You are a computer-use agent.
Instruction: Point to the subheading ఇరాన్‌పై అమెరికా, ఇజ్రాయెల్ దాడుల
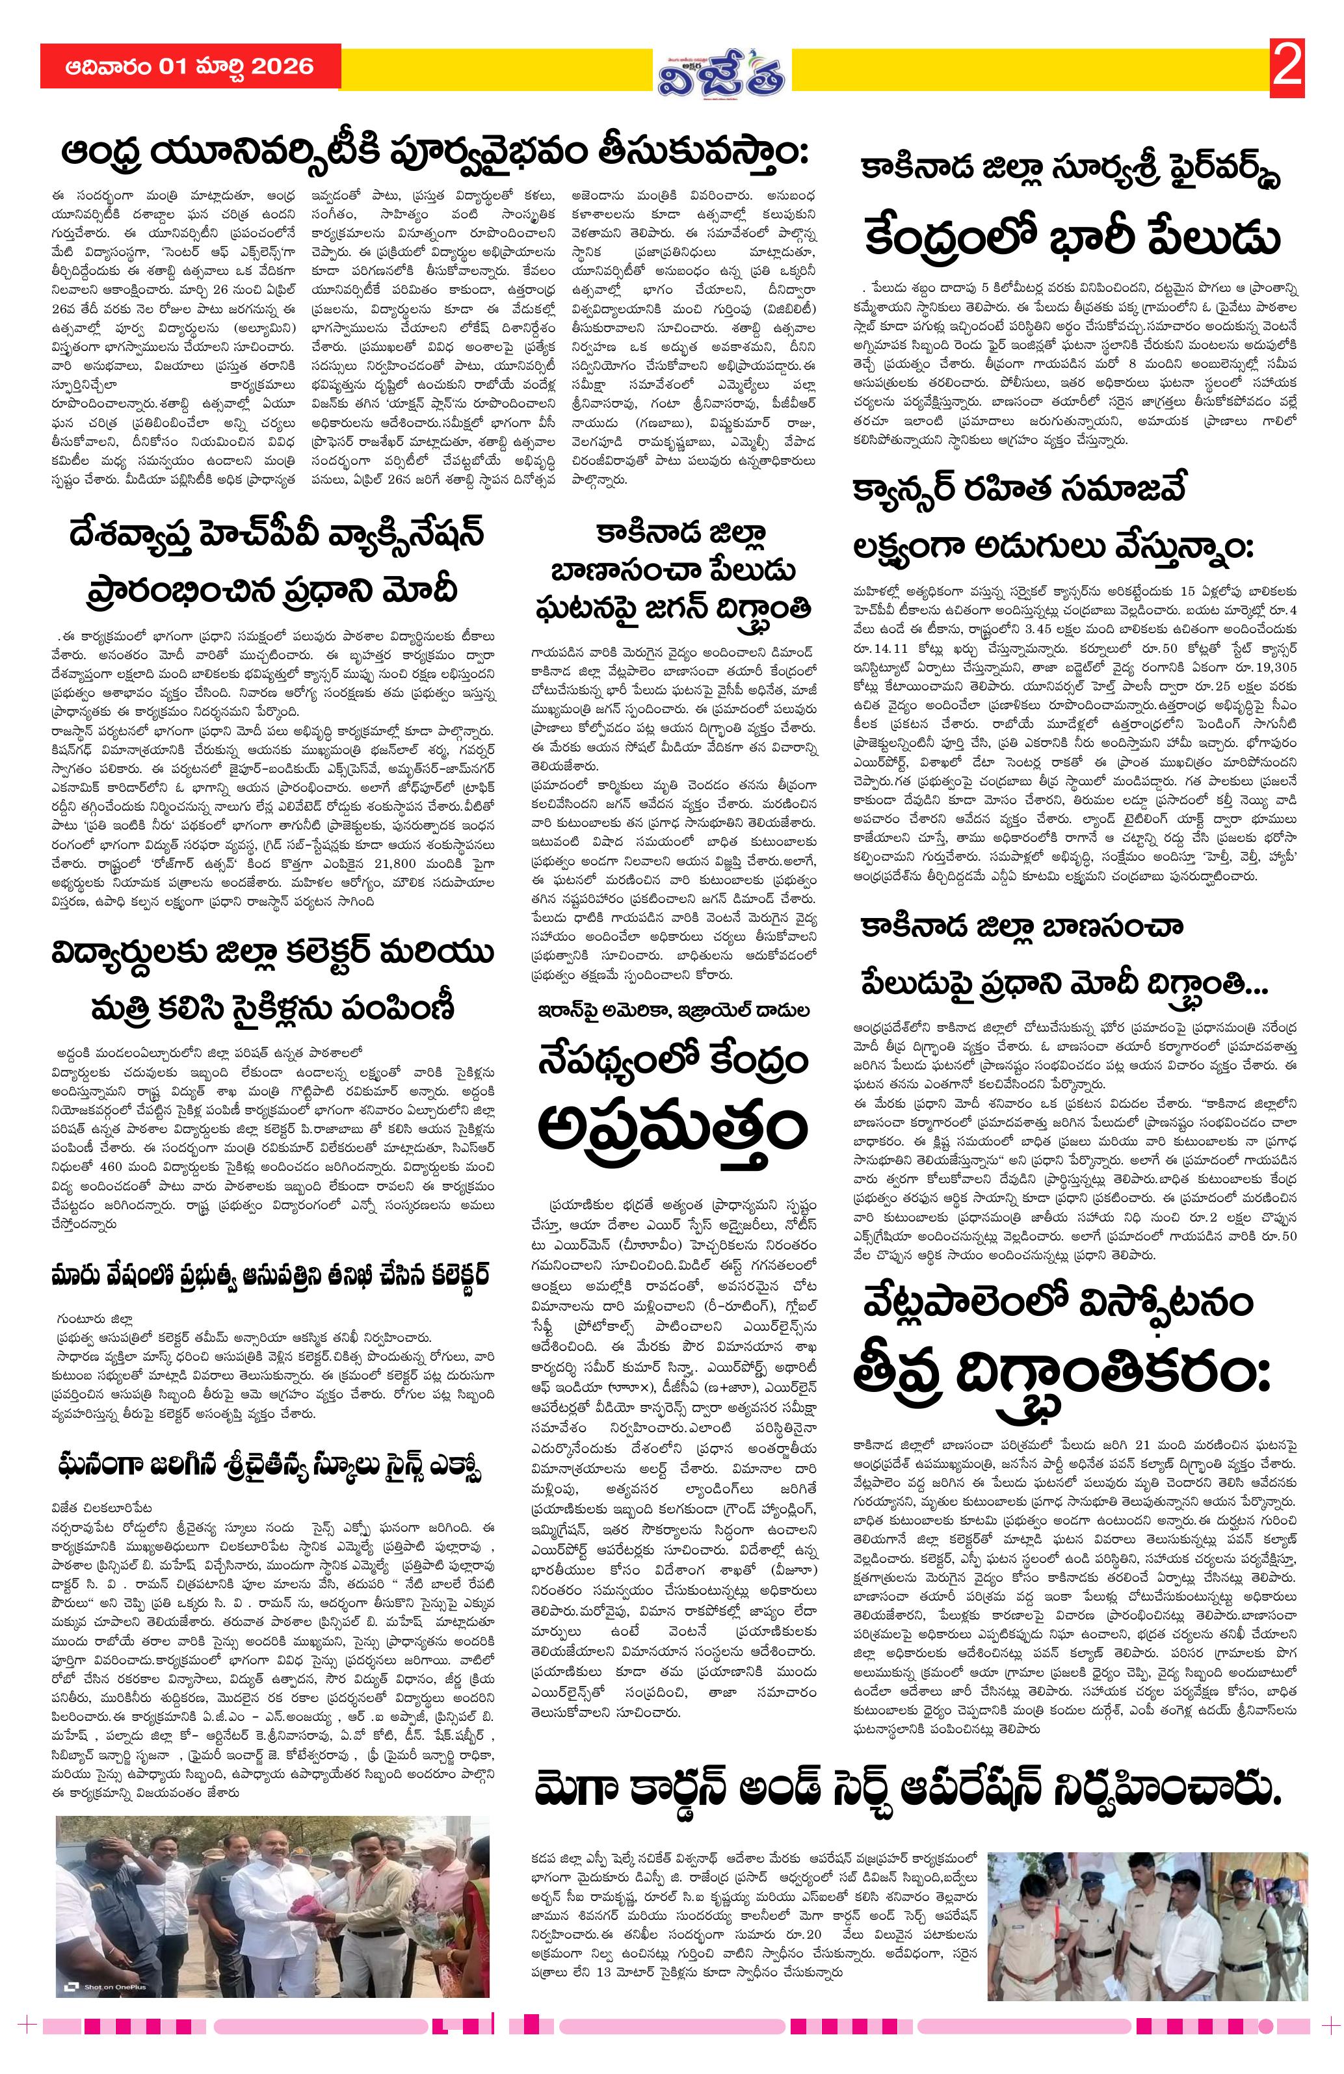coord(673,1011)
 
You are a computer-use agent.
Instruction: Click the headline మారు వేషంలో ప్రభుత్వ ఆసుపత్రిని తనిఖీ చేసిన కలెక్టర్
coord(269,1274)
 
